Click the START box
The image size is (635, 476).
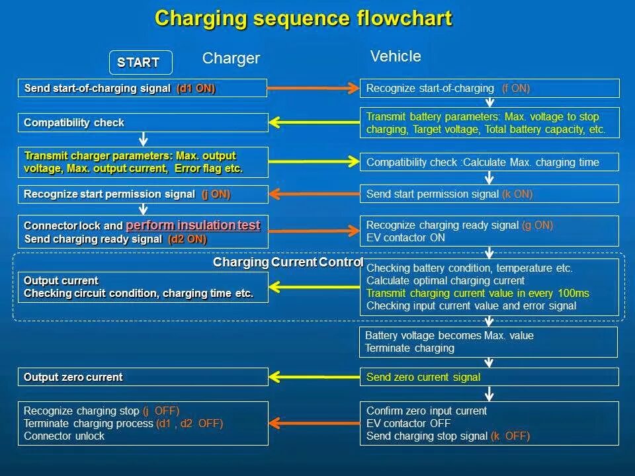coord(140,63)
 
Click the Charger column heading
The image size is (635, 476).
coord(231,59)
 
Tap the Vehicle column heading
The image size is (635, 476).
coord(396,56)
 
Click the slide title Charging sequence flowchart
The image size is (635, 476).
coord(304,19)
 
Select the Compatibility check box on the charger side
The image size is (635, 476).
coord(142,123)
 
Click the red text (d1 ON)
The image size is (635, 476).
coord(196,89)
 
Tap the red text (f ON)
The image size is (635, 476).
coord(516,89)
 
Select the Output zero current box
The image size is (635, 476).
coord(142,377)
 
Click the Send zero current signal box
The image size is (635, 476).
coord(489,377)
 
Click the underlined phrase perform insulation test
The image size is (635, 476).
coord(193,225)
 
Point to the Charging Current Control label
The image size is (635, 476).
coord(288,262)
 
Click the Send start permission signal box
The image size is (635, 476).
coord(489,194)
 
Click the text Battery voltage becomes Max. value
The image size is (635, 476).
coord(449,336)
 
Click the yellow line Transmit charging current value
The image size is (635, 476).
coord(478,294)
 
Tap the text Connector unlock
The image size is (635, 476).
coord(64,436)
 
